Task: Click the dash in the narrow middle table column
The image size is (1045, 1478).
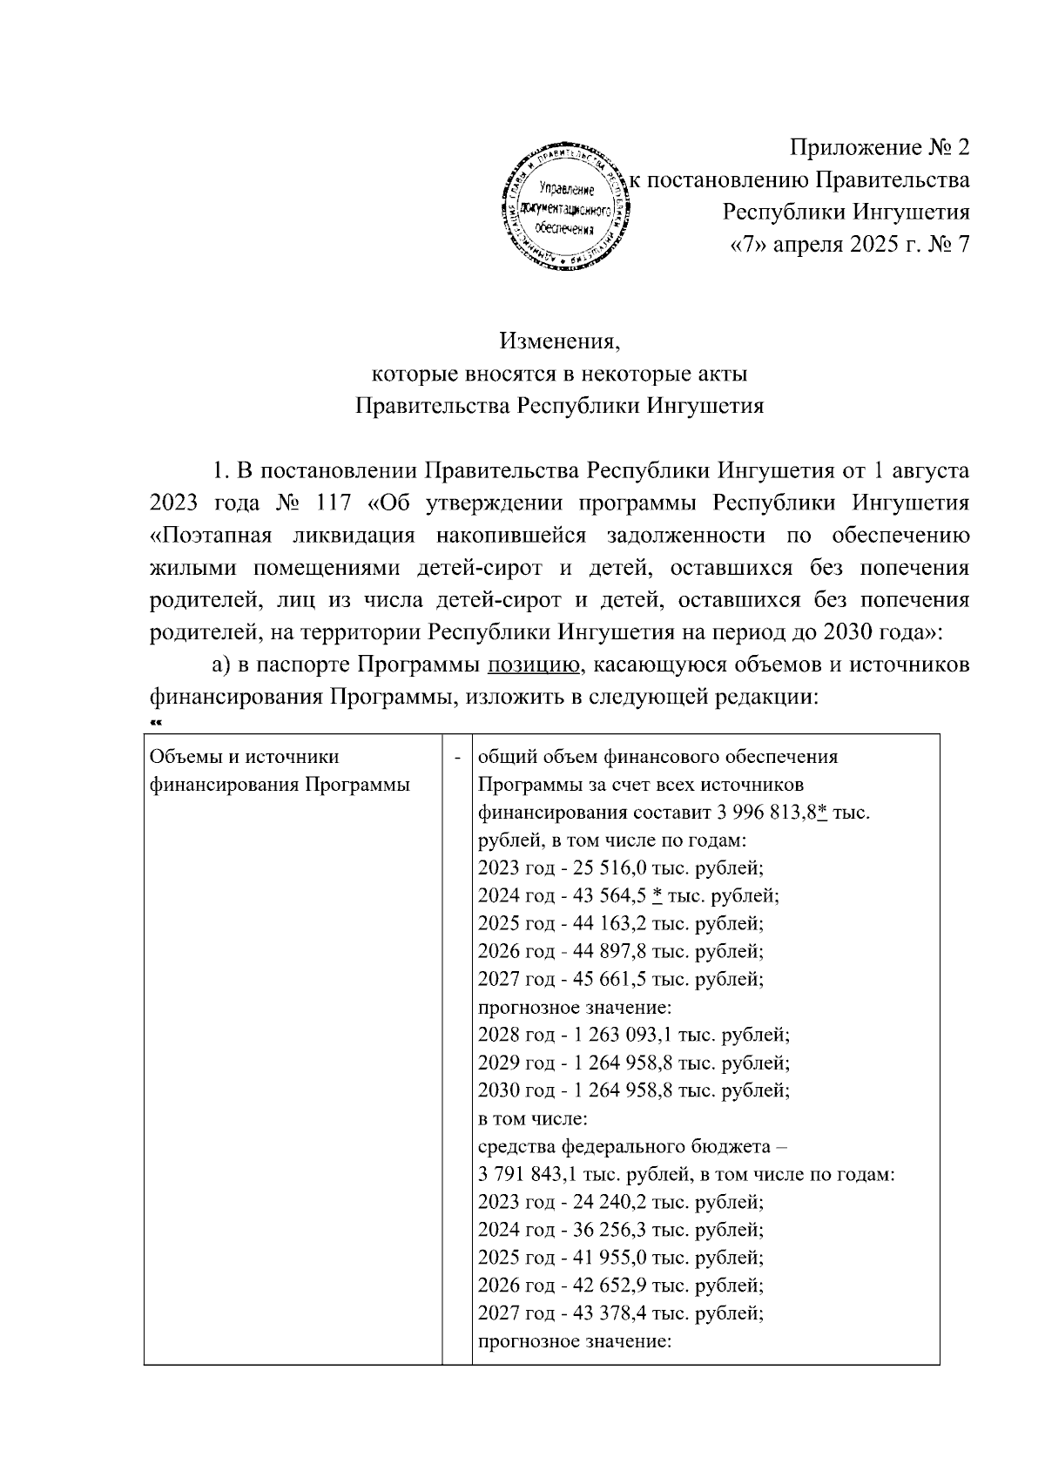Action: pos(457,757)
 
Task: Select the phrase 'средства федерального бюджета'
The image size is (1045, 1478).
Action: pos(624,1146)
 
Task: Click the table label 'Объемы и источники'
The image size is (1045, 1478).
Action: pos(245,756)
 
